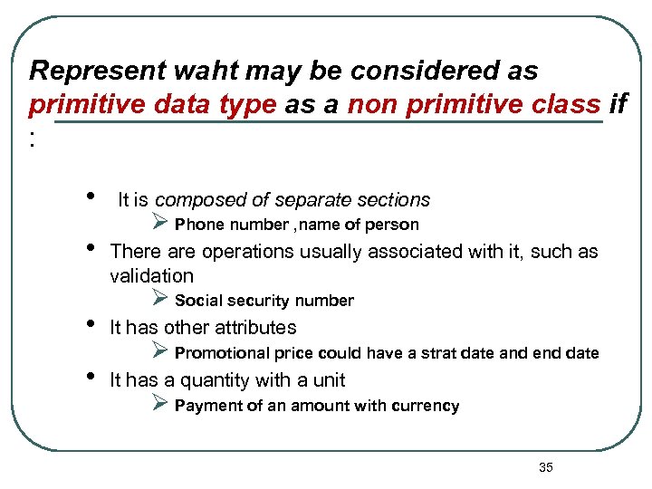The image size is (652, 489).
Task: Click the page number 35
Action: (x=545, y=467)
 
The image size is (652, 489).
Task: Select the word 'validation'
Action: (x=151, y=275)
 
